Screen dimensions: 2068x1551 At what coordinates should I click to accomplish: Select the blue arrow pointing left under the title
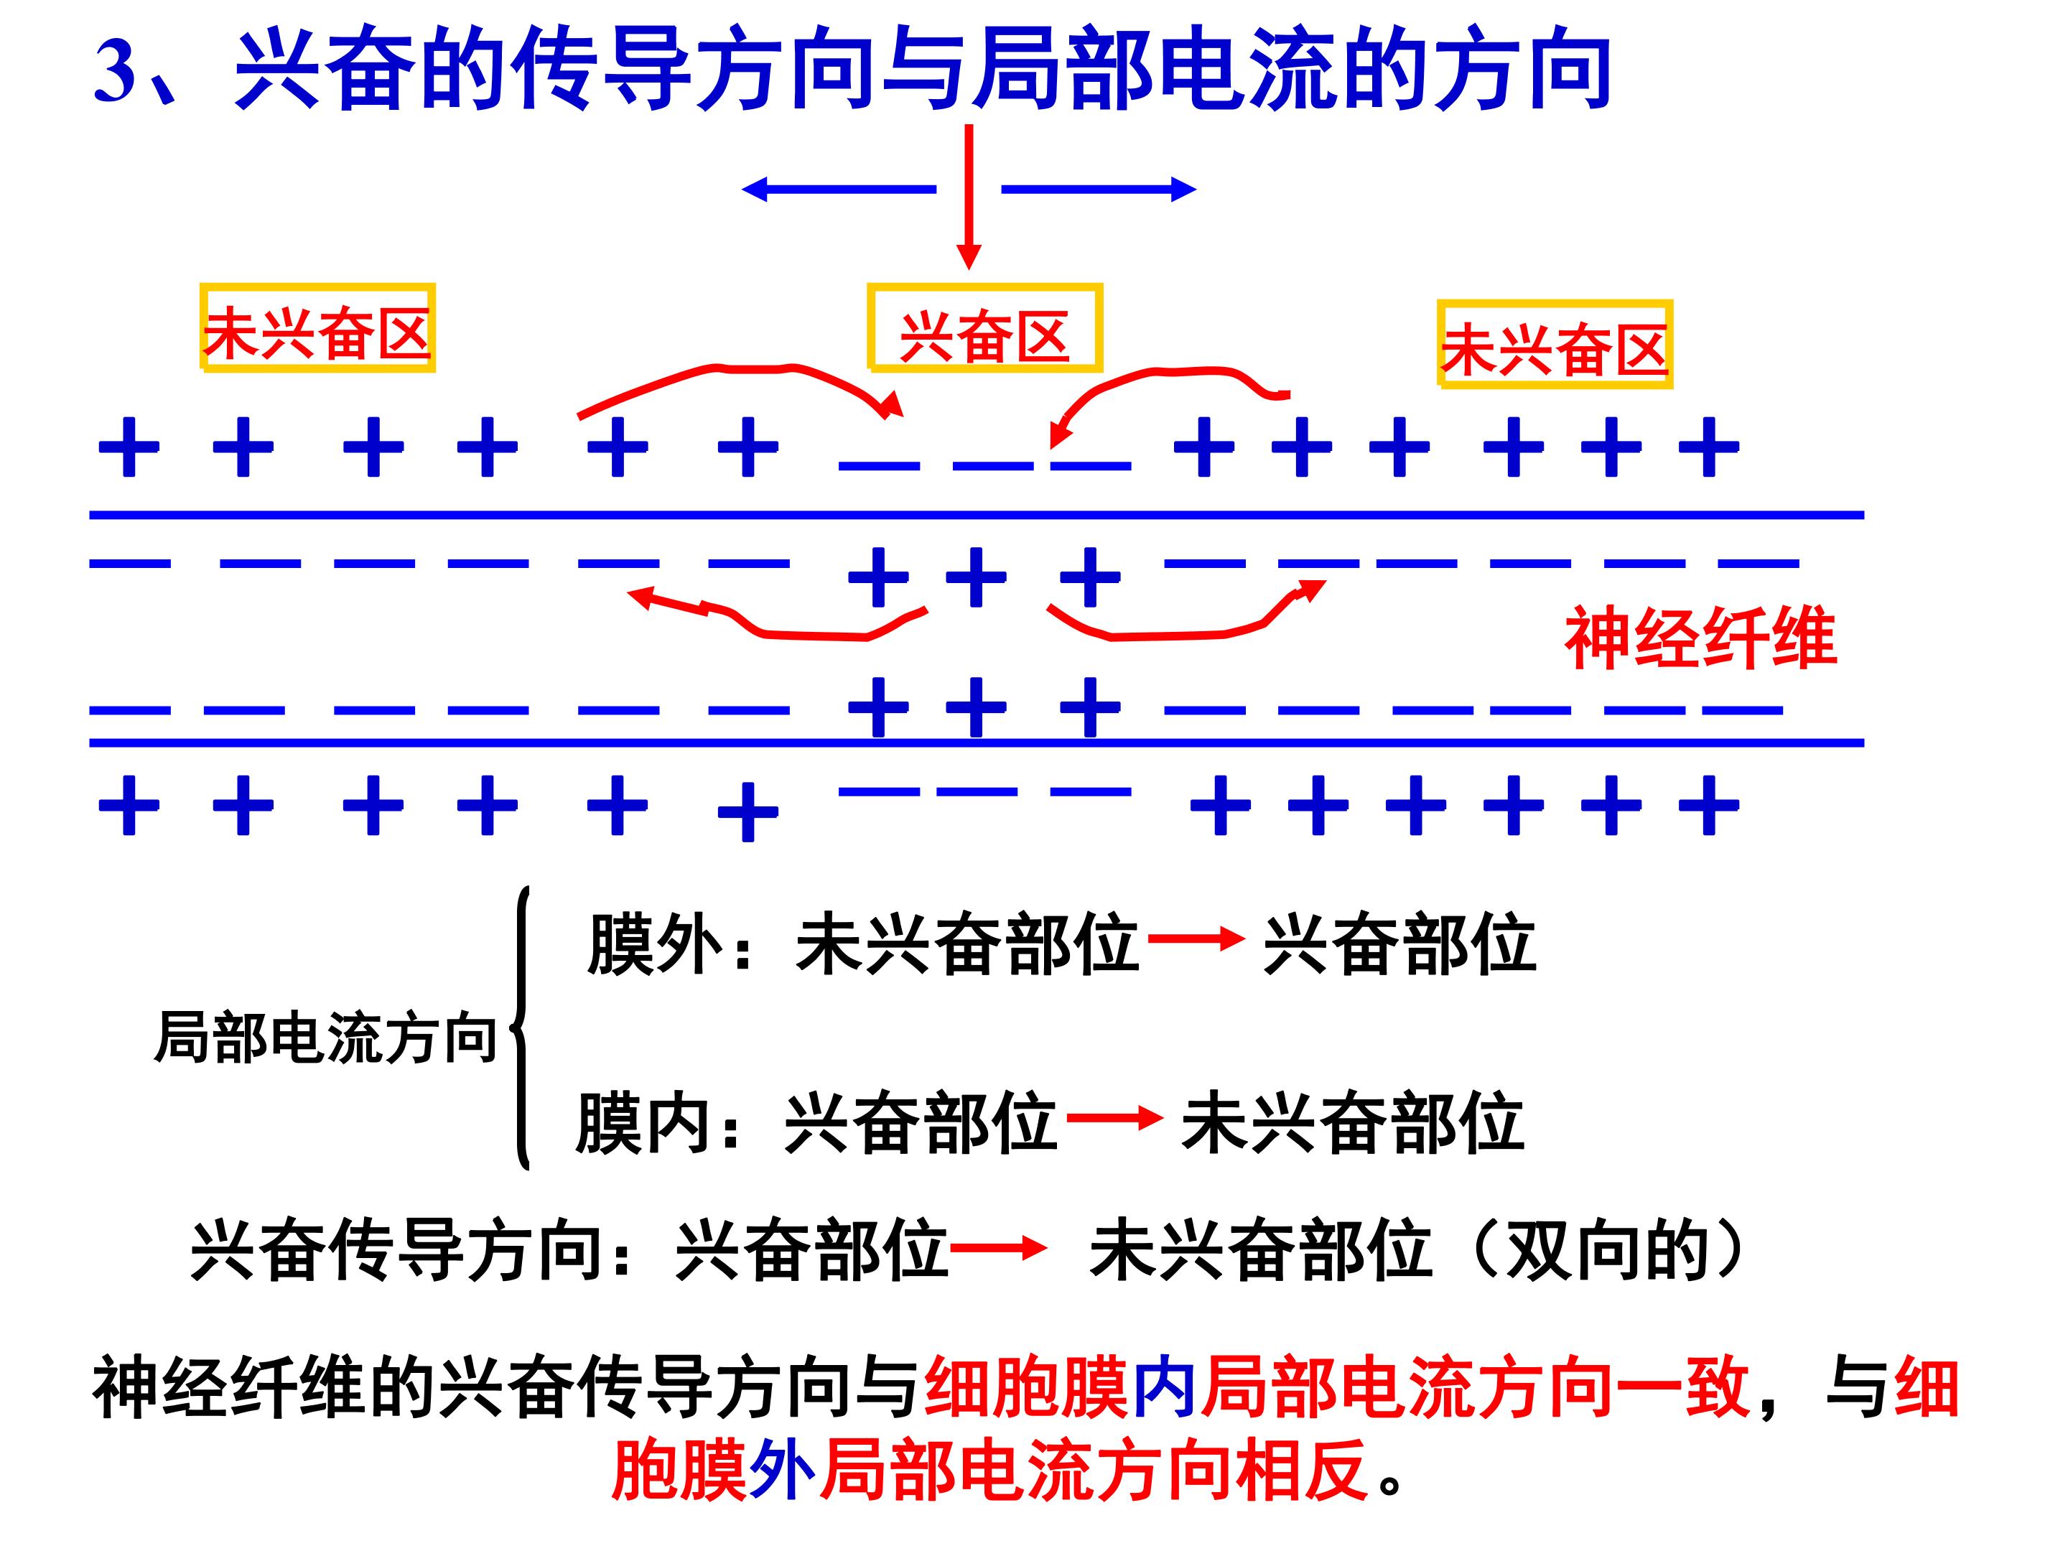click(x=839, y=190)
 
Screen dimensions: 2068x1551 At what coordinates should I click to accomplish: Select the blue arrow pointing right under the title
click(x=1099, y=190)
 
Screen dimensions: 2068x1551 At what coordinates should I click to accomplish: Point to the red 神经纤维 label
click(x=1700, y=638)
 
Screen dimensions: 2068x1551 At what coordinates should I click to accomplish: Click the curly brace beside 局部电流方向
click(x=522, y=1028)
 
